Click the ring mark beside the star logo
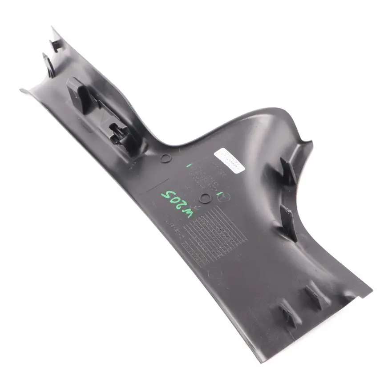[206, 198]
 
